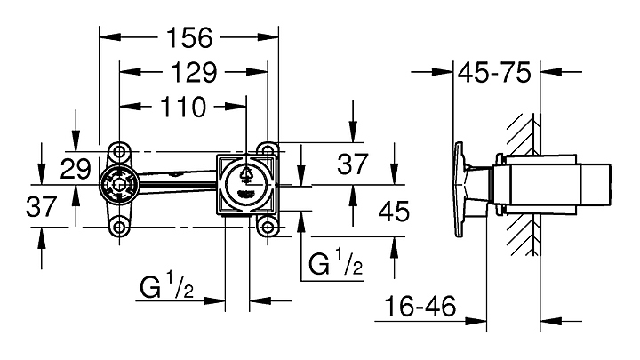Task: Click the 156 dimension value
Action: pyautogui.click(x=189, y=37)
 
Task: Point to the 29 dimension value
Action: pyautogui.click(x=76, y=166)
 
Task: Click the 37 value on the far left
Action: pyautogui.click(x=41, y=207)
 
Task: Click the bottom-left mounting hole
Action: pyautogui.click(x=117, y=228)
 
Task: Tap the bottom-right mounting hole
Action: pyautogui.click(x=266, y=228)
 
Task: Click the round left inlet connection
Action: pyautogui.click(x=117, y=188)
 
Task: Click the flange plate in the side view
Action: pyautogui.click(x=460, y=188)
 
